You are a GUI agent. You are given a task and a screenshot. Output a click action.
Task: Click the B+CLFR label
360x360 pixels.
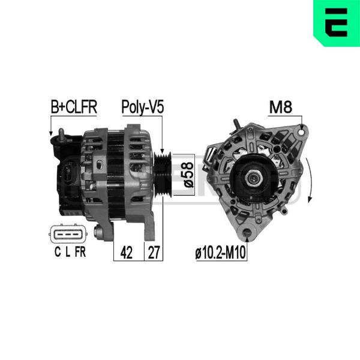pos(74,107)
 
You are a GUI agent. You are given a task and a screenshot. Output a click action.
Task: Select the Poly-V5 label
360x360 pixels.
pos(143,107)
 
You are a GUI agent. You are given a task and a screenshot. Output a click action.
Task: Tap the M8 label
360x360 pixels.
pos(281,107)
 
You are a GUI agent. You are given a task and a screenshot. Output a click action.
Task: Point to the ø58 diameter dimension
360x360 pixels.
pos(188,175)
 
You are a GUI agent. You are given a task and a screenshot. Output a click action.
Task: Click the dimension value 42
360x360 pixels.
pos(126,253)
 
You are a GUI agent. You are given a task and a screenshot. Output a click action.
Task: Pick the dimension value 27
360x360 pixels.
pos(154,253)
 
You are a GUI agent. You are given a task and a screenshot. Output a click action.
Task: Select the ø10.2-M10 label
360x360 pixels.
pos(220,253)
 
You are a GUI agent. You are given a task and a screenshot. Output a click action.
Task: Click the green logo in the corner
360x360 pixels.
pos(337,23)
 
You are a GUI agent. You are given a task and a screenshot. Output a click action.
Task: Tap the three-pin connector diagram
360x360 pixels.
pos(68,234)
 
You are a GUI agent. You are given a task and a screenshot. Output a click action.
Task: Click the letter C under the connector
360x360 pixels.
pos(58,252)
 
